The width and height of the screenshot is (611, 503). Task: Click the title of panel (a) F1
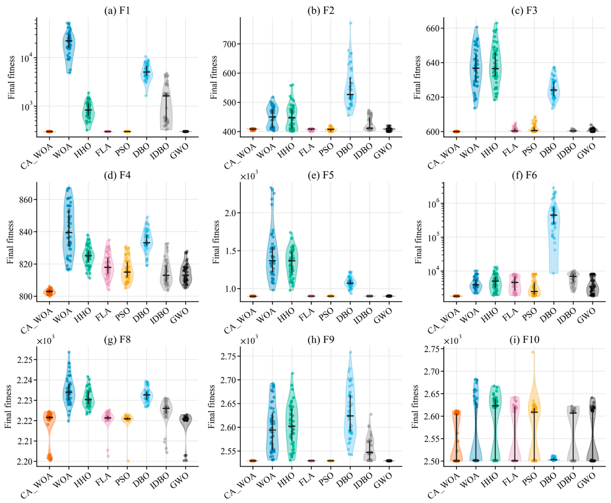click(x=117, y=11)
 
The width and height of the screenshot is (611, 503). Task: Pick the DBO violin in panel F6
click(x=553, y=230)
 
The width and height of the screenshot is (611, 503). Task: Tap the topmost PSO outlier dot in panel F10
click(x=533, y=352)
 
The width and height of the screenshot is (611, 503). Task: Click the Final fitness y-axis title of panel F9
click(x=211, y=406)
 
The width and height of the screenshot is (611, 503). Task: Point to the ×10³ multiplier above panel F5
click(x=249, y=176)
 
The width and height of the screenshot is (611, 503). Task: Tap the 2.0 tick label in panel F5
click(x=229, y=213)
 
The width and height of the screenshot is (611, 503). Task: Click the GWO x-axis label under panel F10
click(x=586, y=480)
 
